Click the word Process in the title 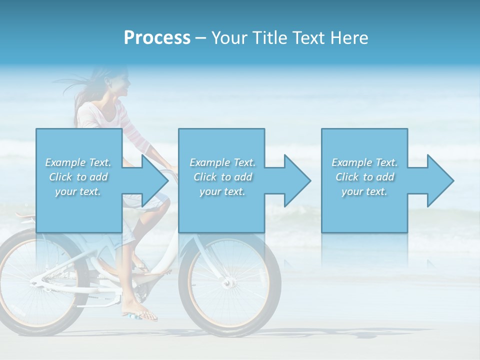157,38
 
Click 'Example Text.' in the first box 78,162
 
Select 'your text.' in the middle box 222,191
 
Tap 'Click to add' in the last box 364,177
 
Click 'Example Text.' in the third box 364,162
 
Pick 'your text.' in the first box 78,191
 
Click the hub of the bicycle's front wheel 228,283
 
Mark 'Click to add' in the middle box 222,177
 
